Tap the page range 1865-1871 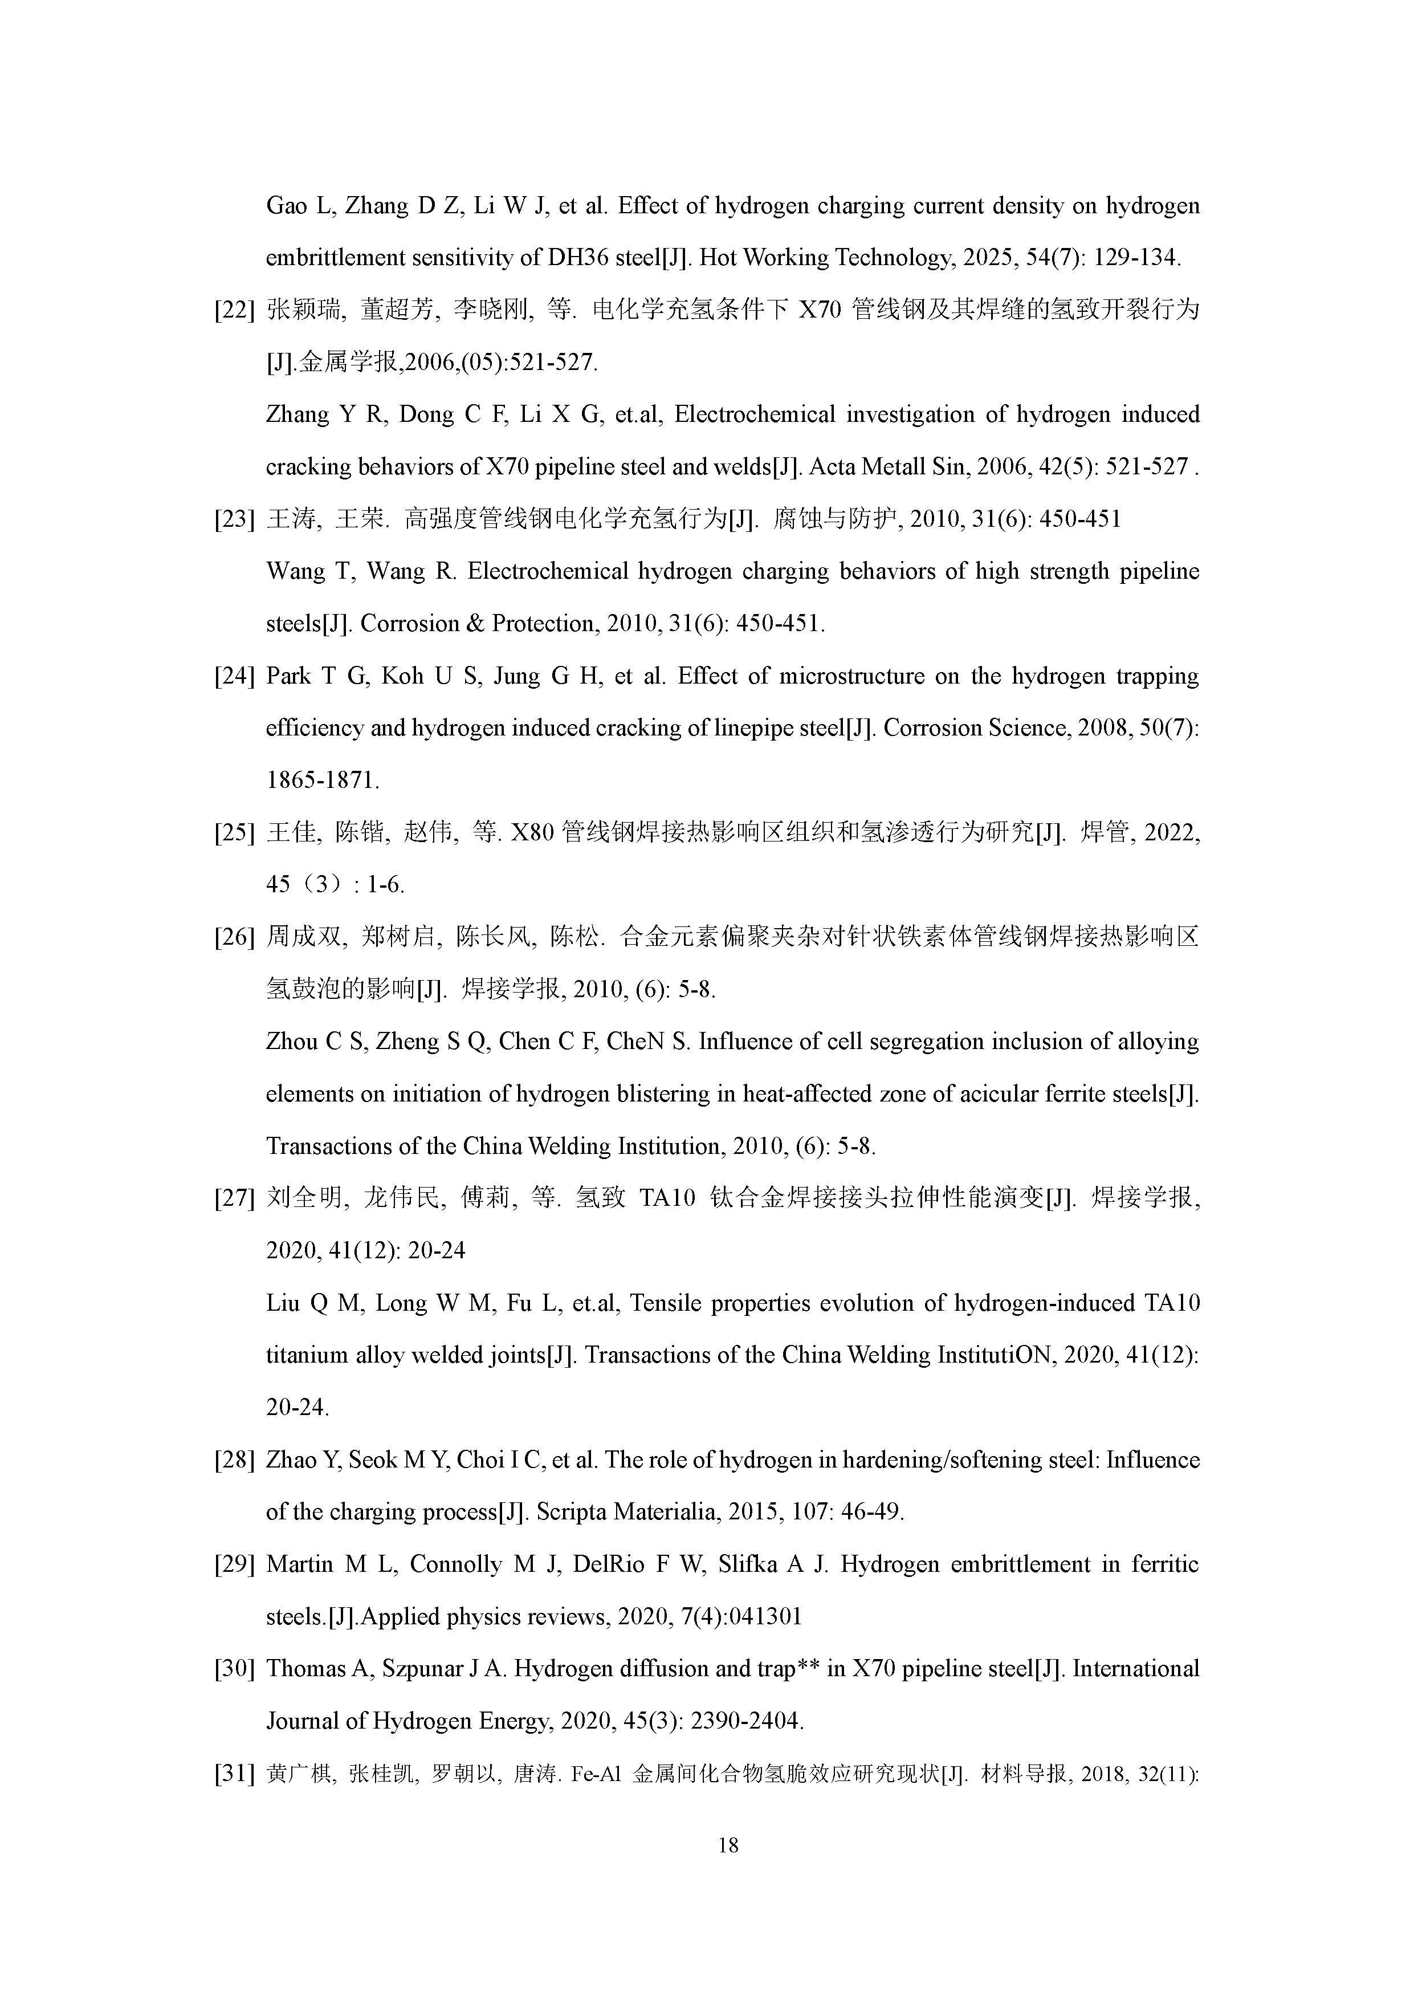322,781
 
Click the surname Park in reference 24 288,677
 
